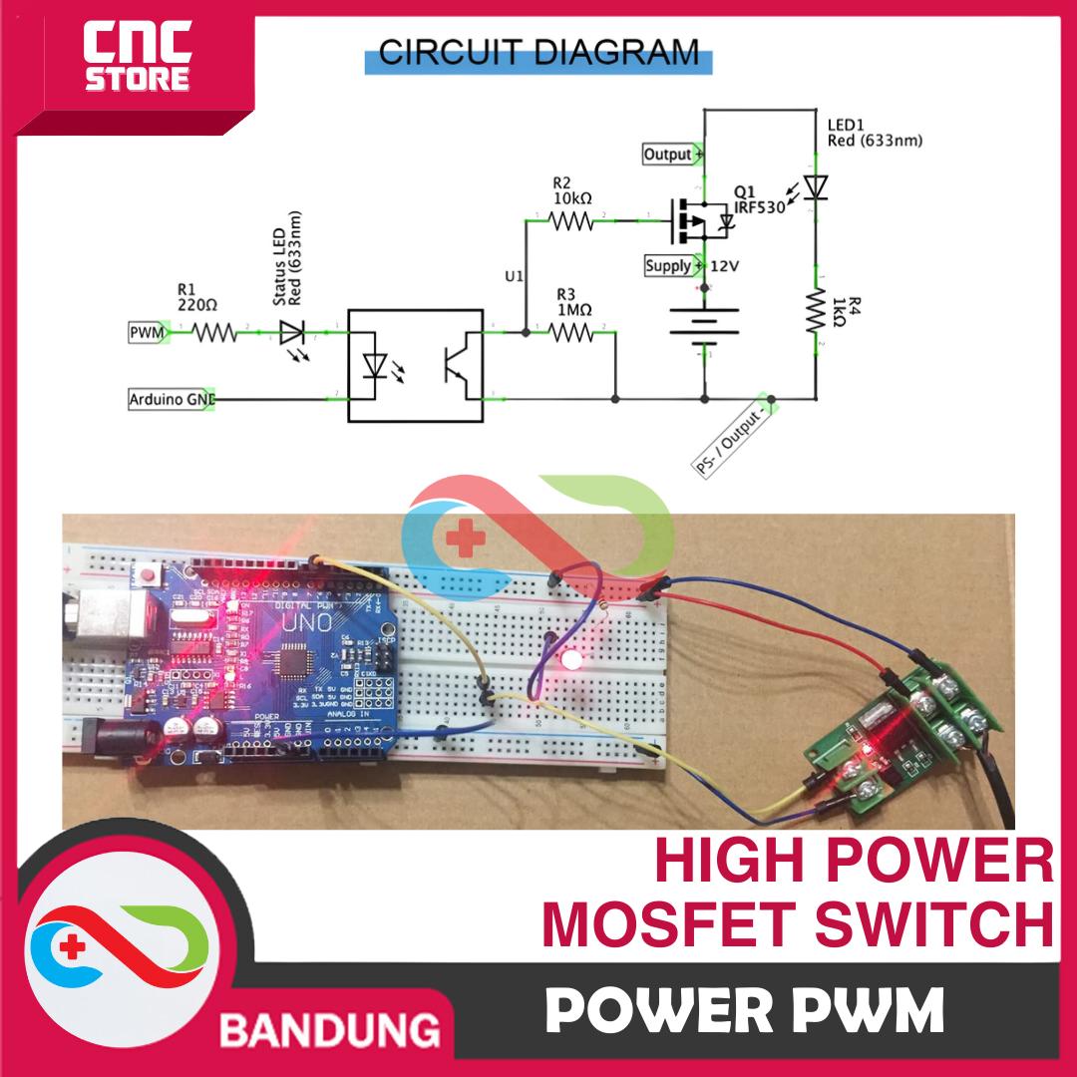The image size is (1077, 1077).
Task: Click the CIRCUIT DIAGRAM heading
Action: tap(539, 52)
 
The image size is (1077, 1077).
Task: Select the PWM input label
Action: tap(146, 332)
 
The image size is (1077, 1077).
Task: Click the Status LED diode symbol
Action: tap(292, 332)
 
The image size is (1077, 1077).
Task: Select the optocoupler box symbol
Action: tap(415, 365)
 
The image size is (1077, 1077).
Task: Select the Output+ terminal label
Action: tap(670, 155)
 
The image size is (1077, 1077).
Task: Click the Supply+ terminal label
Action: tap(670, 266)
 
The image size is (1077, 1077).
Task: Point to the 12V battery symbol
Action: tap(705, 324)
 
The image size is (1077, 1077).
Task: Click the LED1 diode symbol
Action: tap(816, 185)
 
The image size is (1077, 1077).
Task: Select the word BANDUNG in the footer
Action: tap(330, 1026)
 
